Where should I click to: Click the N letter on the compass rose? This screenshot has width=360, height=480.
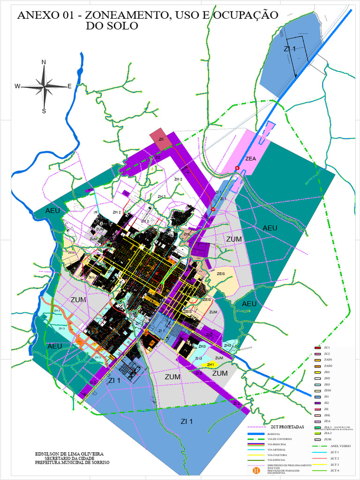(x=44, y=62)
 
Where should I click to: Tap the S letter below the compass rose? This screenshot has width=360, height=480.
(x=44, y=111)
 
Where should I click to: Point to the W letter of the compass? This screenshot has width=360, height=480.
(x=17, y=86)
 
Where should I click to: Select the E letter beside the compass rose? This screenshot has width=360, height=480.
(x=69, y=86)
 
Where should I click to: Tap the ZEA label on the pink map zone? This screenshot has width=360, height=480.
(x=251, y=159)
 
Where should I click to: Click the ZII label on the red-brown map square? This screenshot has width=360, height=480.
(x=161, y=139)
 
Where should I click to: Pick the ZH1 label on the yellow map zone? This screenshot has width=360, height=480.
(x=210, y=365)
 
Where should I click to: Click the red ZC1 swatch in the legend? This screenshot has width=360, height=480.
(x=317, y=347)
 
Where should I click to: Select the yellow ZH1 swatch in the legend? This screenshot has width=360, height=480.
(x=317, y=372)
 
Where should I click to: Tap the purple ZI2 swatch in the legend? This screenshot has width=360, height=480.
(x=317, y=403)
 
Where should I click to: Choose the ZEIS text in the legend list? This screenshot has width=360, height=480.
(x=328, y=390)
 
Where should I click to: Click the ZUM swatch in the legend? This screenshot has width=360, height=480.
(x=317, y=439)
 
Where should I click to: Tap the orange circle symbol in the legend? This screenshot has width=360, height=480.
(x=256, y=469)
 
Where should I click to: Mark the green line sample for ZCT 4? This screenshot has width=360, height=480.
(x=319, y=470)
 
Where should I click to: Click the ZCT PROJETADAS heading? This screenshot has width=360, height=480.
(x=287, y=427)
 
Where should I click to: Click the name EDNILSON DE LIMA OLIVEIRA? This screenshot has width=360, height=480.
(x=69, y=454)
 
